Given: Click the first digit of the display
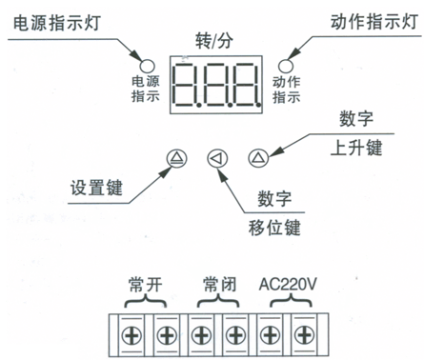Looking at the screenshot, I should [185, 86].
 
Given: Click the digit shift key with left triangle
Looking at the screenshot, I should [216, 158].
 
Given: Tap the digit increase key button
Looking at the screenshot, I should [256, 158].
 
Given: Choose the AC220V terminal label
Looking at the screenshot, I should [287, 283].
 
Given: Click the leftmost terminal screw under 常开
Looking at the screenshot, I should [131, 334].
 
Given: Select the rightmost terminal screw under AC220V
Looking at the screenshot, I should [304, 334].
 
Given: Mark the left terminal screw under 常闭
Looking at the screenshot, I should [200, 334].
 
